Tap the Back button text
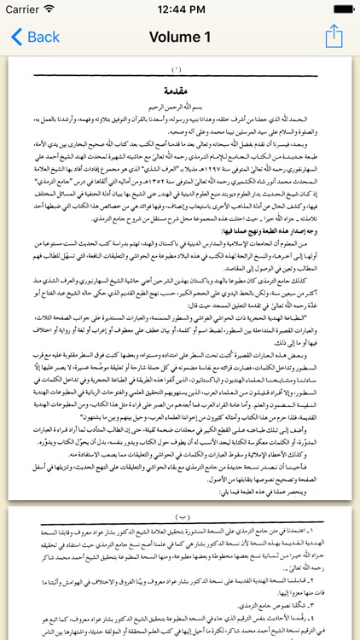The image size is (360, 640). coord(43,38)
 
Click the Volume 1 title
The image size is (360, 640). coord(179,38)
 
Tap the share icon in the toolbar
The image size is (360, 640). coord(334,37)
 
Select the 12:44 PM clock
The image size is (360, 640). coord(180,9)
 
